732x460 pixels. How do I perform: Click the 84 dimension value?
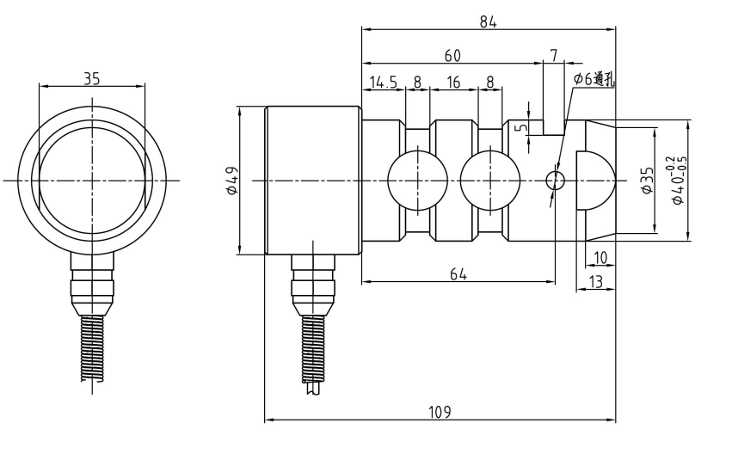(488, 21)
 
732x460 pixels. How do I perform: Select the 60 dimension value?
(452, 56)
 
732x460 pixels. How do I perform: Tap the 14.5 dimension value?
(383, 83)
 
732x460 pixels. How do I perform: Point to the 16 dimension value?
(453, 83)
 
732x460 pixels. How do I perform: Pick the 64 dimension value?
(458, 273)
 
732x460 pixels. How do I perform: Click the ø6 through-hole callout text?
(594, 80)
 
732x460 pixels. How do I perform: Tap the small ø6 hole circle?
(555, 181)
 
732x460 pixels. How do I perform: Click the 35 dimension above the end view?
(92, 78)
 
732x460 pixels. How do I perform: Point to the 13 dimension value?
(595, 282)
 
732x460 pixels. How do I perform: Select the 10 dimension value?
(600, 257)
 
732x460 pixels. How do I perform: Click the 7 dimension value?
(554, 56)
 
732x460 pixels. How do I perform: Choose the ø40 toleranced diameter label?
(679, 180)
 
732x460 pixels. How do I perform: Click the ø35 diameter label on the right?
(647, 180)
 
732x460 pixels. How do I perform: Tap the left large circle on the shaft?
(417, 181)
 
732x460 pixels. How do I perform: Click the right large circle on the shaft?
(490, 181)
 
